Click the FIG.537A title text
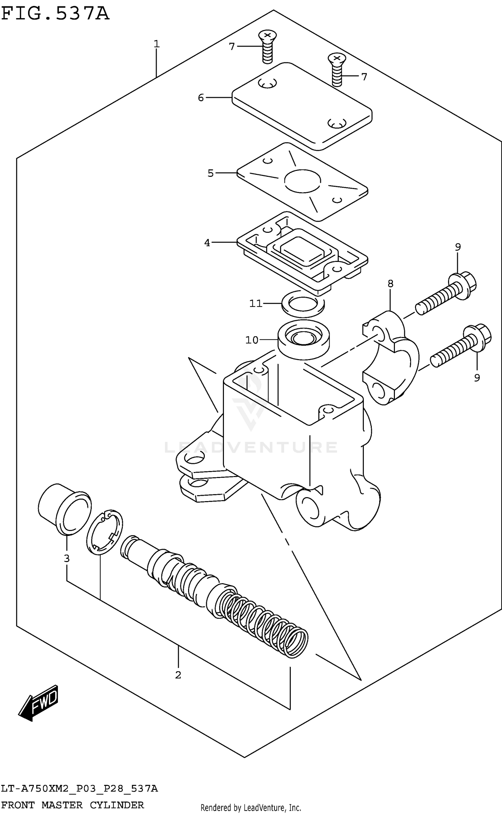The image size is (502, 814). click(x=55, y=14)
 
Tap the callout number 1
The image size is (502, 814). click(x=157, y=44)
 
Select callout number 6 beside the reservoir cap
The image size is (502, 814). click(x=200, y=98)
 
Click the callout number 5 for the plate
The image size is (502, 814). click(x=211, y=174)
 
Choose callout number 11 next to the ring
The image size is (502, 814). click(x=256, y=303)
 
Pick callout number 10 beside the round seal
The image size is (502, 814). click(x=252, y=340)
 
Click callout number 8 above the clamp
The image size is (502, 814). click(x=390, y=284)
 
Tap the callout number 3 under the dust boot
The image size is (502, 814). click(x=67, y=558)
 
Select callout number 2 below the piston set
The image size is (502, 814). click(x=178, y=675)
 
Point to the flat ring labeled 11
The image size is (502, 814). click(x=303, y=303)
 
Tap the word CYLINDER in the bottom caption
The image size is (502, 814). click(x=117, y=805)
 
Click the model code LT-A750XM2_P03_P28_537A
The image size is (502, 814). click(x=79, y=788)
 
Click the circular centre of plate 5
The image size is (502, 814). click(x=303, y=181)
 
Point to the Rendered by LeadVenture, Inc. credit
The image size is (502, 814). click(x=251, y=808)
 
